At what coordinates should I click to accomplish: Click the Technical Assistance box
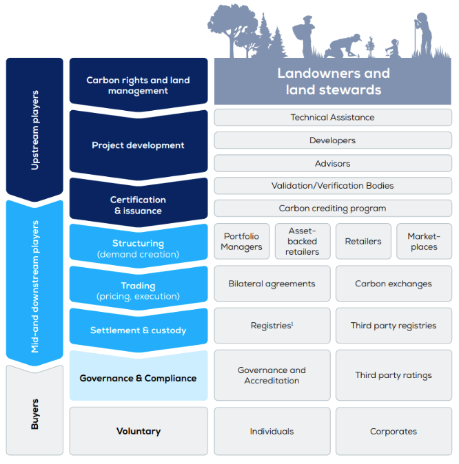(x=332, y=118)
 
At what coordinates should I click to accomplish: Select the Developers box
(x=332, y=140)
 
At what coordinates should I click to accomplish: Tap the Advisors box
(x=332, y=163)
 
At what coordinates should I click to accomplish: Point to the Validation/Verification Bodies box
(x=332, y=186)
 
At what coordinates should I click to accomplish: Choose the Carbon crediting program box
(x=332, y=209)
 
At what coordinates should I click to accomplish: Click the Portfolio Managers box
(x=241, y=242)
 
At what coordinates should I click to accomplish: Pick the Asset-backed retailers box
(x=302, y=242)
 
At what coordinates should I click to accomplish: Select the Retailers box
(x=363, y=242)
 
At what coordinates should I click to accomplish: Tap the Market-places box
(x=424, y=242)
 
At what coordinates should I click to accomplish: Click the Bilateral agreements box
(x=272, y=284)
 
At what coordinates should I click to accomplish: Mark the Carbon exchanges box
(x=394, y=284)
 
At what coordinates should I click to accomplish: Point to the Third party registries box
(x=394, y=326)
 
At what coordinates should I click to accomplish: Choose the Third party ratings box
(x=394, y=376)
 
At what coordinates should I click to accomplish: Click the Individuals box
(x=272, y=432)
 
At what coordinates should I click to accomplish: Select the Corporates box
(x=394, y=432)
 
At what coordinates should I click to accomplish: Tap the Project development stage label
(x=138, y=145)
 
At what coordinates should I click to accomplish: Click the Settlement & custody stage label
(x=138, y=330)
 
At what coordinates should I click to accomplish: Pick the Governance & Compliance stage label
(x=138, y=378)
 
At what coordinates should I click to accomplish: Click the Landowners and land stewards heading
(x=334, y=82)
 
